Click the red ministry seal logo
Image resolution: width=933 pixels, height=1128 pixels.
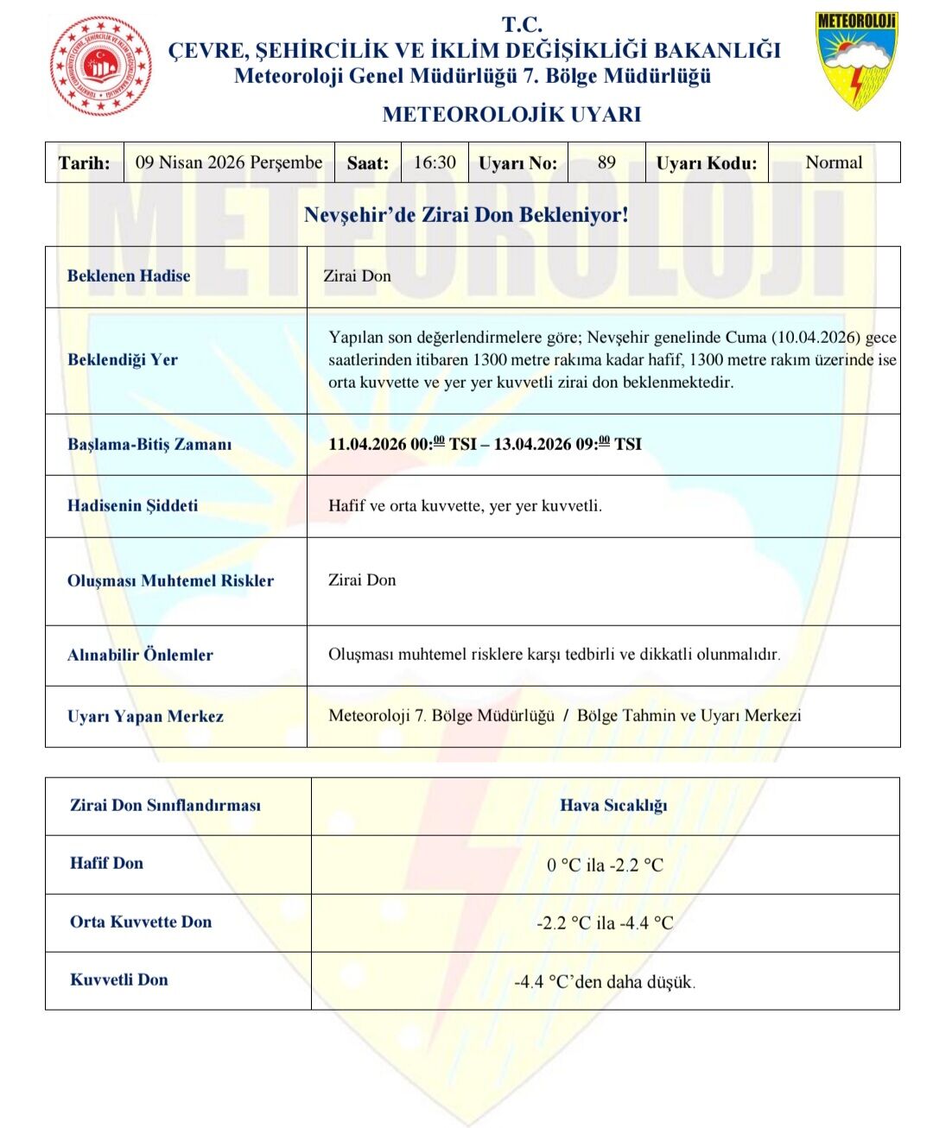[x=101, y=66]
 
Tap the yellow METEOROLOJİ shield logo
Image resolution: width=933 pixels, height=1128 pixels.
[x=855, y=60]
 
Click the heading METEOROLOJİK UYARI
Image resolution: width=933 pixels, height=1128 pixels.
[x=511, y=114]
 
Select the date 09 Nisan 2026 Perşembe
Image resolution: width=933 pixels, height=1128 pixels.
[x=229, y=162]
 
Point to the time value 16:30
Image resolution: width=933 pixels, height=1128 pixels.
[x=435, y=162]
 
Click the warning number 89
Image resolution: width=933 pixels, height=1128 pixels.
[x=606, y=162]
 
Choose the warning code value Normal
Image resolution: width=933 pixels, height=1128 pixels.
[x=834, y=162]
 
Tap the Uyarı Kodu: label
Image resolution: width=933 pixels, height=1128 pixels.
[x=706, y=163]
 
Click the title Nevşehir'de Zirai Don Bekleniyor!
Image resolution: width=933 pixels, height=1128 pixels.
[x=466, y=214]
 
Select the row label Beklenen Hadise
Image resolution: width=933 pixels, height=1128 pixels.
[x=129, y=276]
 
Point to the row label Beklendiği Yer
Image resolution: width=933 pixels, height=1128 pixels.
[x=123, y=360]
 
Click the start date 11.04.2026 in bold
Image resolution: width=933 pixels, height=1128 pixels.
[x=367, y=445]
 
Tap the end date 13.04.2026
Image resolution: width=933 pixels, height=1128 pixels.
[x=532, y=445]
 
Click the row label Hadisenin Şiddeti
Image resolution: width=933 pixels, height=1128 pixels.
[x=132, y=506]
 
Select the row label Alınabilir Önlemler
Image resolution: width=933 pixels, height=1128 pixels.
[x=140, y=656]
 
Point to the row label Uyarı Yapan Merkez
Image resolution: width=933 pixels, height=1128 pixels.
[x=145, y=717]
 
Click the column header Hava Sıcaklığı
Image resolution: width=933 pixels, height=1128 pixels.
[x=613, y=806]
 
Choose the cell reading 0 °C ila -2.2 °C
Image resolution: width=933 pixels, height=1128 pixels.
[x=605, y=865]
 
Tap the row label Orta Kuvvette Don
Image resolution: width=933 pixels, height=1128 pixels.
[x=141, y=922]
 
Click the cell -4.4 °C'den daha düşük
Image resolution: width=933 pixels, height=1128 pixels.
[x=605, y=982]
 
